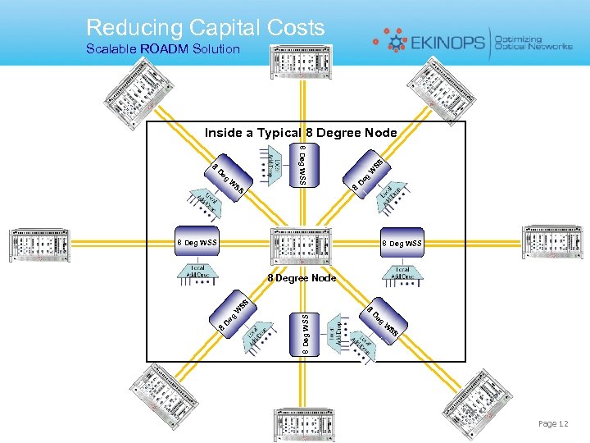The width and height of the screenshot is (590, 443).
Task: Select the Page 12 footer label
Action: click(x=552, y=423)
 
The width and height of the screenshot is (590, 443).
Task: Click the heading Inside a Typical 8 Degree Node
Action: click(x=300, y=132)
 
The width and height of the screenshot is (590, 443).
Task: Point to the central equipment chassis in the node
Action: click(x=302, y=244)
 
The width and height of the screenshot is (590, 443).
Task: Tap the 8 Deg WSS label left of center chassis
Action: click(x=197, y=243)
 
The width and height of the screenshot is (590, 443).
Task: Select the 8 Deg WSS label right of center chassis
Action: click(x=402, y=243)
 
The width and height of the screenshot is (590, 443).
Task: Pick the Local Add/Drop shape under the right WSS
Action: click(x=402, y=272)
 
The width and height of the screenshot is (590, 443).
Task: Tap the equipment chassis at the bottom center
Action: click(x=304, y=421)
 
